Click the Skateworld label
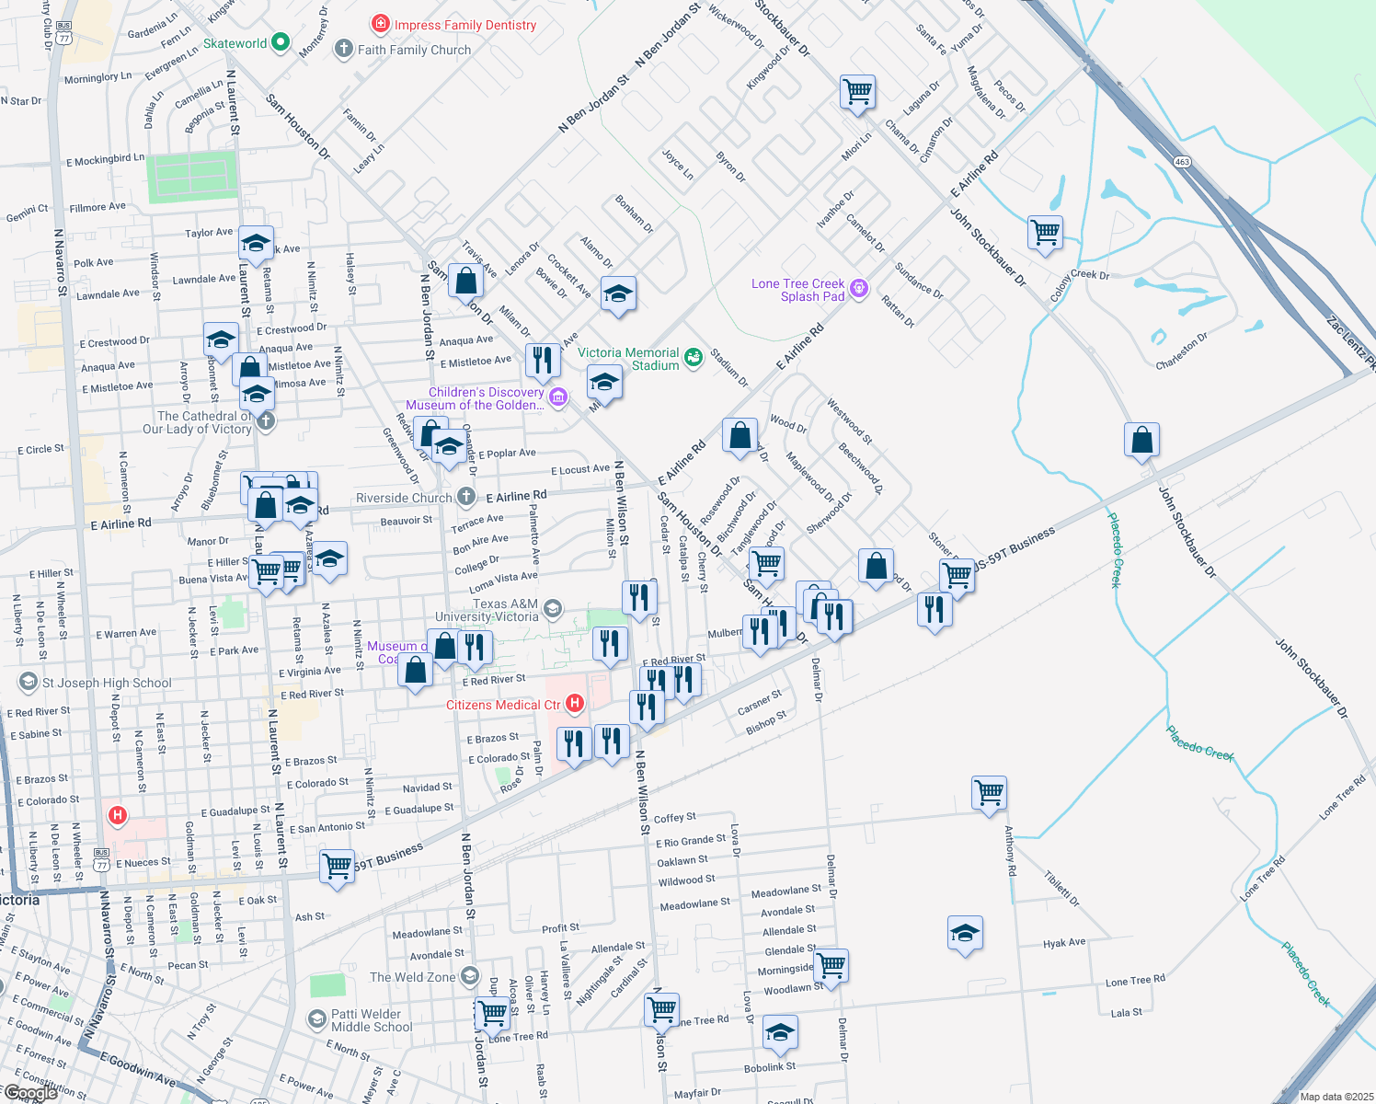[x=235, y=43]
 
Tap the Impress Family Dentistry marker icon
[x=381, y=23]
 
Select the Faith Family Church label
[x=414, y=50]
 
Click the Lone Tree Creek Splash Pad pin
[x=859, y=289]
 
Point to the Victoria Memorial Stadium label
[x=628, y=359]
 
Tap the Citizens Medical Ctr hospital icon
[x=575, y=704]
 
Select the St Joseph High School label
[x=107, y=683]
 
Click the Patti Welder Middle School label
[x=372, y=1020]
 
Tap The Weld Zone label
[x=412, y=977]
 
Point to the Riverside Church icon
[x=466, y=497]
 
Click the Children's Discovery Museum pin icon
[x=557, y=397]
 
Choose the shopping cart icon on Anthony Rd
[x=989, y=792]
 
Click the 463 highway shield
[x=1182, y=162]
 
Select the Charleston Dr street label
[x=1182, y=351]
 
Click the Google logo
[x=30, y=1092]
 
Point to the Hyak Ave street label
[x=1064, y=943]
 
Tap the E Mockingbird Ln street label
[x=105, y=160]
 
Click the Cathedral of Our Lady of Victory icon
[x=266, y=421]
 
